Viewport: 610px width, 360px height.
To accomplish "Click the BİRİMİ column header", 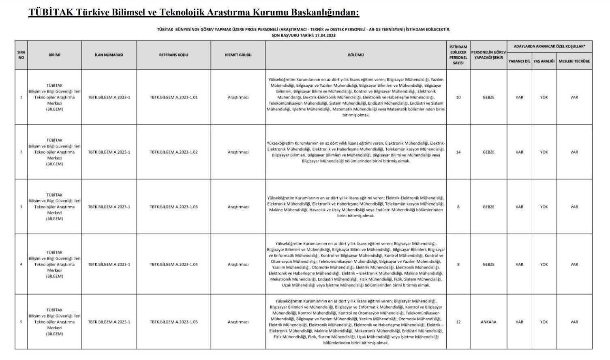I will [x=54, y=55].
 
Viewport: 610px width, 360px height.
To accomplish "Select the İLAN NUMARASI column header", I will [x=109, y=55].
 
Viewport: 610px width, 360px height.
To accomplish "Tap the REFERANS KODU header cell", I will [x=173, y=55].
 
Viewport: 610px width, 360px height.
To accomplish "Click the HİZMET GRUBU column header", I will [x=238, y=55].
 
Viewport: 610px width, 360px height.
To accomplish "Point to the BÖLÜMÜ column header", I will [x=356, y=55].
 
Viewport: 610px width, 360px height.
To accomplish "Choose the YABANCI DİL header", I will [x=519, y=61].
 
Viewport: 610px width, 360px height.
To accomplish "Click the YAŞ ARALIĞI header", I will [x=544, y=61].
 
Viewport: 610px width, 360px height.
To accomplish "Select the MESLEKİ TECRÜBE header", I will [x=574, y=61].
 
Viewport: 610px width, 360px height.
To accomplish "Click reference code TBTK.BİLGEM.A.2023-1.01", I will [x=173, y=97].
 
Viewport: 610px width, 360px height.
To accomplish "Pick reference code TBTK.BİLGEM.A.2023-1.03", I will [x=173, y=207].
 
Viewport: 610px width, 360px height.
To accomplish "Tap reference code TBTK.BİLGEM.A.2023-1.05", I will [x=173, y=322].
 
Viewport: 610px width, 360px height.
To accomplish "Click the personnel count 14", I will [x=458, y=152].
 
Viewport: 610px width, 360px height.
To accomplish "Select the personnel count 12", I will [x=458, y=322].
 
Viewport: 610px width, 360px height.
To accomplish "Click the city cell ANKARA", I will [x=488, y=322].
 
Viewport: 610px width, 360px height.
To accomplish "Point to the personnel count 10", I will [x=458, y=97].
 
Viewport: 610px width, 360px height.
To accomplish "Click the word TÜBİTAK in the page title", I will [x=51, y=13].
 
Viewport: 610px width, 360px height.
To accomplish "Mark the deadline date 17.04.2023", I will [x=325, y=35].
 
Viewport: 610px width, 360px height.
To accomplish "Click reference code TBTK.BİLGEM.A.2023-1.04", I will [x=173, y=264].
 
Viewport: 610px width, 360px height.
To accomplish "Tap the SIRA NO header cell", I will [x=21, y=55].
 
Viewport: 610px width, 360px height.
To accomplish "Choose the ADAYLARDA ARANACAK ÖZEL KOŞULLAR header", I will [x=549, y=46].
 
